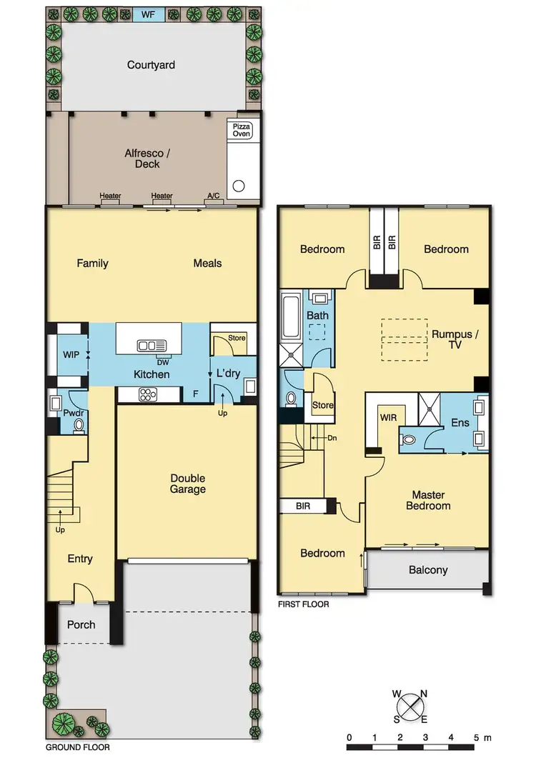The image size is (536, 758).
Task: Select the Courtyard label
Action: [151, 65]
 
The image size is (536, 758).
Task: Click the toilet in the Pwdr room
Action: [79, 425]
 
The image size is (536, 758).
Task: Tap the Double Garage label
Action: [187, 484]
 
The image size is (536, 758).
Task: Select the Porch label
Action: [81, 624]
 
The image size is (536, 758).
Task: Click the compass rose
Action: [410, 707]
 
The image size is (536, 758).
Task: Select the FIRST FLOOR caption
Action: [304, 604]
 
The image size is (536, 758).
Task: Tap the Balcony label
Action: [428, 570]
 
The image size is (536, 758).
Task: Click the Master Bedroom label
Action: [428, 500]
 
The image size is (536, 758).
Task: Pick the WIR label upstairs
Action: [389, 416]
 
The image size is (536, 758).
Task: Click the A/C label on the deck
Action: [213, 196]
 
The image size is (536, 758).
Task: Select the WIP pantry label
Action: [70, 354]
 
